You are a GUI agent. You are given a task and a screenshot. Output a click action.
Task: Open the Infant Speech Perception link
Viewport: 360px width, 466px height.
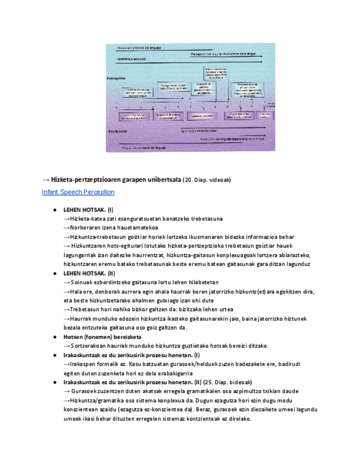pos(78,192)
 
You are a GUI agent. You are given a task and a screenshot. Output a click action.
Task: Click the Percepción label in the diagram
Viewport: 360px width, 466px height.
pos(117,79)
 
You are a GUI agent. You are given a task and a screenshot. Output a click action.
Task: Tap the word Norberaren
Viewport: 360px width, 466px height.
pos(87,228)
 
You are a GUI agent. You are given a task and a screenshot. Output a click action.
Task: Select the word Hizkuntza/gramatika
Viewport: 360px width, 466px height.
pos(96,400)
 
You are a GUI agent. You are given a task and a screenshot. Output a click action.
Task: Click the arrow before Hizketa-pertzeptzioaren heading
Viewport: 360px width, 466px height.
pos(46,180)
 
